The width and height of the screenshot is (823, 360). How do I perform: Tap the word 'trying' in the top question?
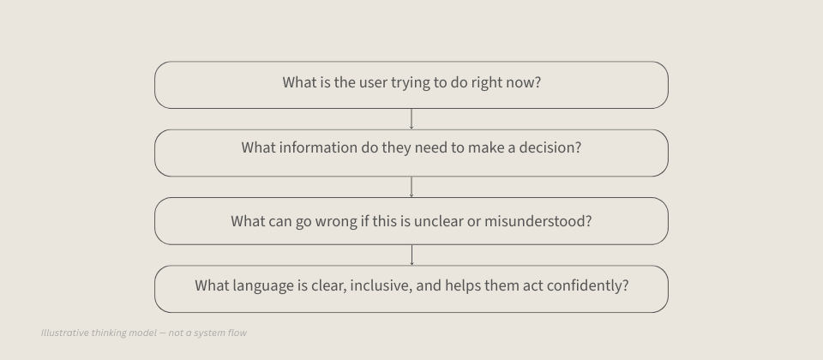click(415, 84)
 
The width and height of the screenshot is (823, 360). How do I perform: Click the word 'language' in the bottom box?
click(263, 285)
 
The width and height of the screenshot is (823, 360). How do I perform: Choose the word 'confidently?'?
click(585, 285)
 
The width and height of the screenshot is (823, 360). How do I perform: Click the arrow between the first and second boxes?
click(411, 118)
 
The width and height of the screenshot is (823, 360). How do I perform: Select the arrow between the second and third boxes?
click(411, 187)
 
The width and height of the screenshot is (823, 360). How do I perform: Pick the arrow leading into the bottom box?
click(411, 255)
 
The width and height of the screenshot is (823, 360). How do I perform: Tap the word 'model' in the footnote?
click(137, 333)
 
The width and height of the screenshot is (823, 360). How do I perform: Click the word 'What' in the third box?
click(248, 221)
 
